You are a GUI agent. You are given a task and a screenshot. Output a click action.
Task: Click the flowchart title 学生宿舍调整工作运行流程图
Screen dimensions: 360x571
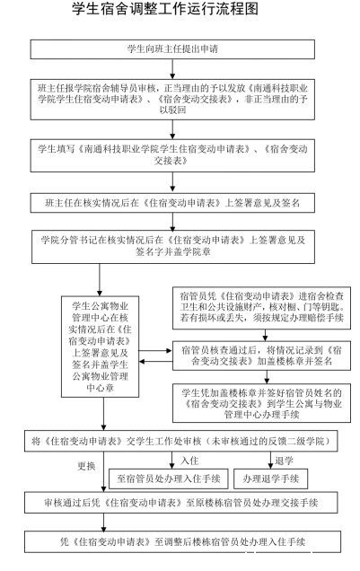[x=165, y=9]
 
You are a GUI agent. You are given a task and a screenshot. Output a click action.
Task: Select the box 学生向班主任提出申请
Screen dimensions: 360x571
[x=172, y=49]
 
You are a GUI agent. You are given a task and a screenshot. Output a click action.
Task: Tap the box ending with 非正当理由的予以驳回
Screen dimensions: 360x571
[x=172, y=100]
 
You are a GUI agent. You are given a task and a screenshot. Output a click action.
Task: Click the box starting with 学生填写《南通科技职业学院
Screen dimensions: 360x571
[x=172, y=155]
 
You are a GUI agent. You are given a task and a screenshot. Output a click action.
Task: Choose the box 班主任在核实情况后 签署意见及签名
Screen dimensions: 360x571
[x=172, y=203]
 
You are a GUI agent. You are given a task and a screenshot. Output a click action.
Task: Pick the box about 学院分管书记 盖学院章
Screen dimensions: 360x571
[x=173, y=247]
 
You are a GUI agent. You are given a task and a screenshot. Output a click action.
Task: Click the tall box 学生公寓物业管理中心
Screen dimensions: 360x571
[x=101, y=347]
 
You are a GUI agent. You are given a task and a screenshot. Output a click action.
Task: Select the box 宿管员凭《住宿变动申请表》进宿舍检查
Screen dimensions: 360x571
[x=262, y=308]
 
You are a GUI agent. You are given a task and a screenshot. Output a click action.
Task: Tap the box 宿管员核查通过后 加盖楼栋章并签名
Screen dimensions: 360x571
[x=262, y=356]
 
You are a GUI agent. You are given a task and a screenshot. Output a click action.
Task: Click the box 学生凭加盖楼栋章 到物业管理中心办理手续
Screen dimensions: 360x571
[x=262, y=403]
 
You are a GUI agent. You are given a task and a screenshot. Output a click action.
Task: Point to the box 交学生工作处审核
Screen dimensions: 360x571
[x=181, y=442]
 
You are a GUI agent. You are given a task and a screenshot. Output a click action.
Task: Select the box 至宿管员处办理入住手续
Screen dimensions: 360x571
[x=169, y=479]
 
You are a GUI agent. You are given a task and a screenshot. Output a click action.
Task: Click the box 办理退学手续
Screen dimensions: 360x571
[x=271, y=479]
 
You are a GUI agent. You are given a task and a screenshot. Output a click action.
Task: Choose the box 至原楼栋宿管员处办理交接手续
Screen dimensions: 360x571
[x=181, y=503]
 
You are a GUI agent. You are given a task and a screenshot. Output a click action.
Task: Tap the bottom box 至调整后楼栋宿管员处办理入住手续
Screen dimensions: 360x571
[x=183, y=542]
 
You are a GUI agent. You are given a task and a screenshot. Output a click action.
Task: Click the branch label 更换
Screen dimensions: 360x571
[x=86, y=466]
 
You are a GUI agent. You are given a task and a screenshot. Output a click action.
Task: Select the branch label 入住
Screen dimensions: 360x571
[x=189, y=461]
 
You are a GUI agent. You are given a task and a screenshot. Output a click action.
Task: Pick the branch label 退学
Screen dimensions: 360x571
[x=284, y=461]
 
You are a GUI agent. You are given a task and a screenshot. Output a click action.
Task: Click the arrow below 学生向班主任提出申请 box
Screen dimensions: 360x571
[x=172, y=69]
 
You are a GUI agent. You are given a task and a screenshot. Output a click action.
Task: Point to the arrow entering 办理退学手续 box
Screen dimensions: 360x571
[x=270, y=461]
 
